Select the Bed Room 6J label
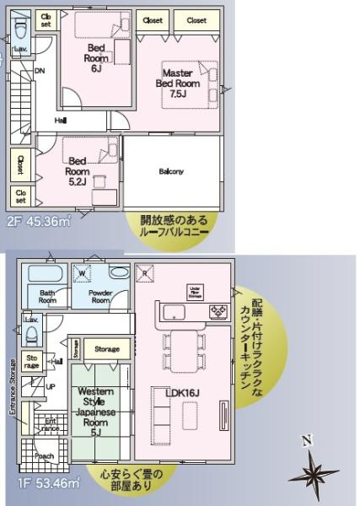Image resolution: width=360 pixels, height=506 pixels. pos(94,58)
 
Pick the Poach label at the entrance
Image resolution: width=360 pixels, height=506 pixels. pos(45,456)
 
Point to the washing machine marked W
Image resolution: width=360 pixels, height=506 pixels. pos(83,273)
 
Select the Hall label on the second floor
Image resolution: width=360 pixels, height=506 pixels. pos(61,121)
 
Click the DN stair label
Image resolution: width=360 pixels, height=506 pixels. pos(40,70)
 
